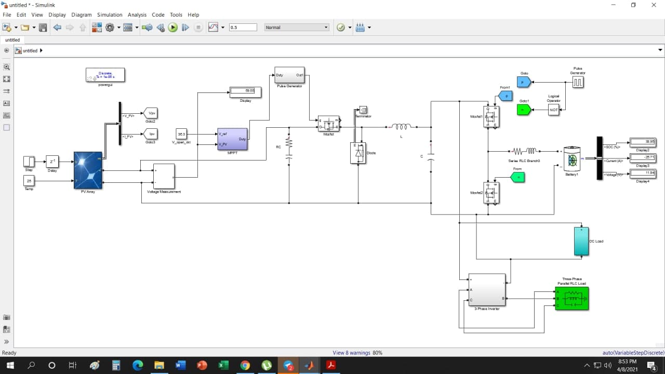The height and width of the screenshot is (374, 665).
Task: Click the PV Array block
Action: [88, 170]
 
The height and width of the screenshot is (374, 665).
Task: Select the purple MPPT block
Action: [232, 139]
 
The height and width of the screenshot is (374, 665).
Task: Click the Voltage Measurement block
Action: [164, 177]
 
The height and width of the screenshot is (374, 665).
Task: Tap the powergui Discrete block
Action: [105, 75]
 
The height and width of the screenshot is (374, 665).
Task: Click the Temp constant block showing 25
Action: [29, 181]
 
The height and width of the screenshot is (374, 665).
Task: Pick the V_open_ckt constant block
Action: [181, 134]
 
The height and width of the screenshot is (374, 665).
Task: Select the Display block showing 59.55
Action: [246, 92]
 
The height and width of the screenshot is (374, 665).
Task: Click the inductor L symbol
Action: [401, 127]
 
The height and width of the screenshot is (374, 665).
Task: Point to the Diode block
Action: [358, 153]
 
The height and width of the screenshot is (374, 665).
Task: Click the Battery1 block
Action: [572, 160]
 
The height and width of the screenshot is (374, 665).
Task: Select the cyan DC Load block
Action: [581, 242]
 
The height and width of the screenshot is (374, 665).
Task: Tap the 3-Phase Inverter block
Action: [487, 290]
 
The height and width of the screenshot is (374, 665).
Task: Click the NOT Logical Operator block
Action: [554, 110]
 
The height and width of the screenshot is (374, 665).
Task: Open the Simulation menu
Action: [110, 15]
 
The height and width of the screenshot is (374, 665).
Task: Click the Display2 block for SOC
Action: [643, 141]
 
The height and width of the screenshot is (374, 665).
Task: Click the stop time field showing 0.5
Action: [243, 28]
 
